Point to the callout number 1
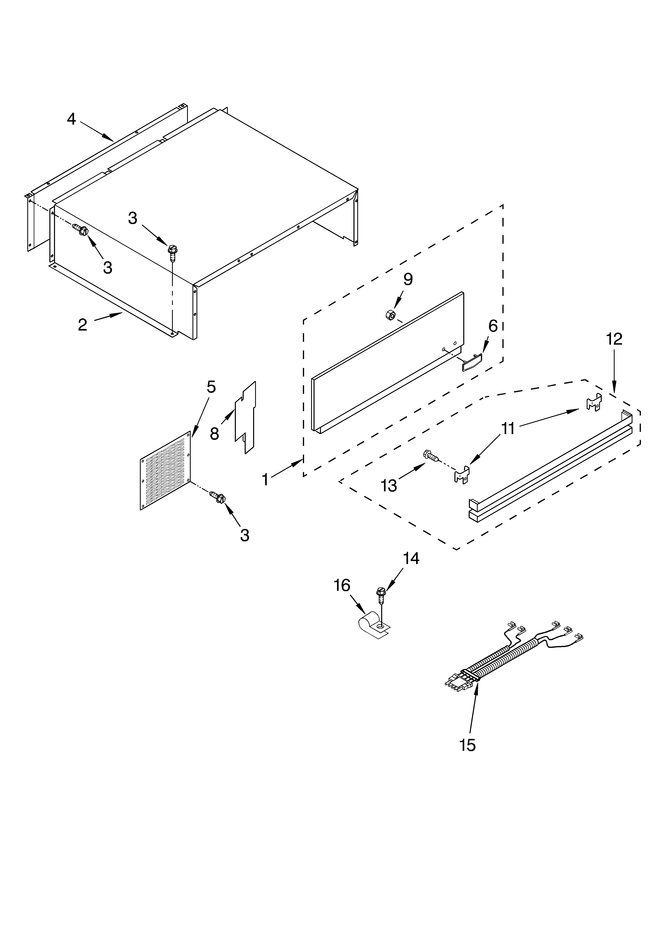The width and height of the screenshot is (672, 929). point(265,479)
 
